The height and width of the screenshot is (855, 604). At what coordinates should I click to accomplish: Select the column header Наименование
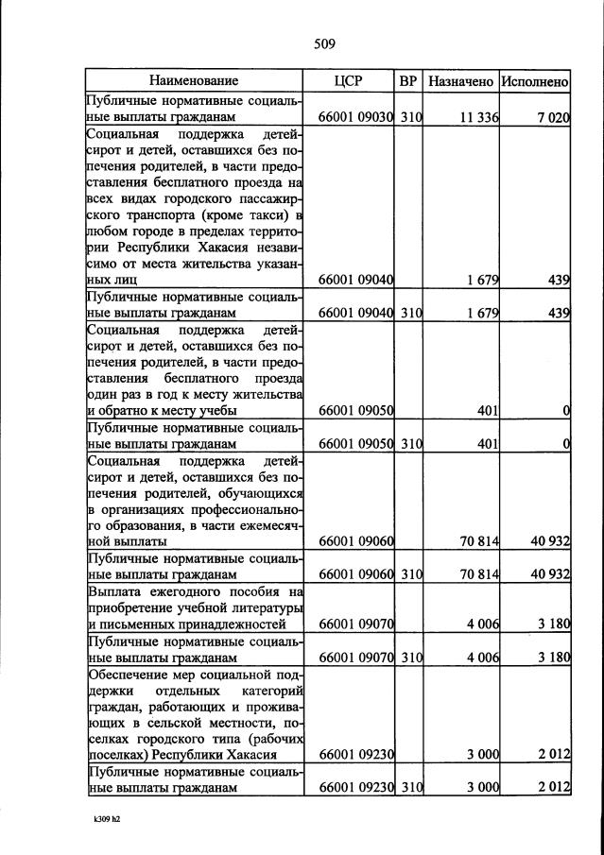[194, 81]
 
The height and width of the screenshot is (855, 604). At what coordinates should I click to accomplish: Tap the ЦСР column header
[349, 81]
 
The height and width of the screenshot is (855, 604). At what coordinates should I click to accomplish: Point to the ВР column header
[408, 81]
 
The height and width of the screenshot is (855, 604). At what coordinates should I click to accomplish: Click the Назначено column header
[460, 81]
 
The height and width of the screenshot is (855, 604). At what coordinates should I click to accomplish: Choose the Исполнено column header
[535, 81]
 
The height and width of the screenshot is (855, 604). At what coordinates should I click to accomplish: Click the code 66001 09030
[356, 118]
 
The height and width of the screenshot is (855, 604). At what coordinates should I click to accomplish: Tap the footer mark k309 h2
[95, 819]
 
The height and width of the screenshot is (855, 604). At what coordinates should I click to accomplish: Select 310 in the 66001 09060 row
[409, 573]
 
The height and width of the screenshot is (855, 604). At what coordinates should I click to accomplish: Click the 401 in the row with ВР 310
[485, 442]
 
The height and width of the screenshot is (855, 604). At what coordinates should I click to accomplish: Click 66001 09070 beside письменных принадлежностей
[356, 624]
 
